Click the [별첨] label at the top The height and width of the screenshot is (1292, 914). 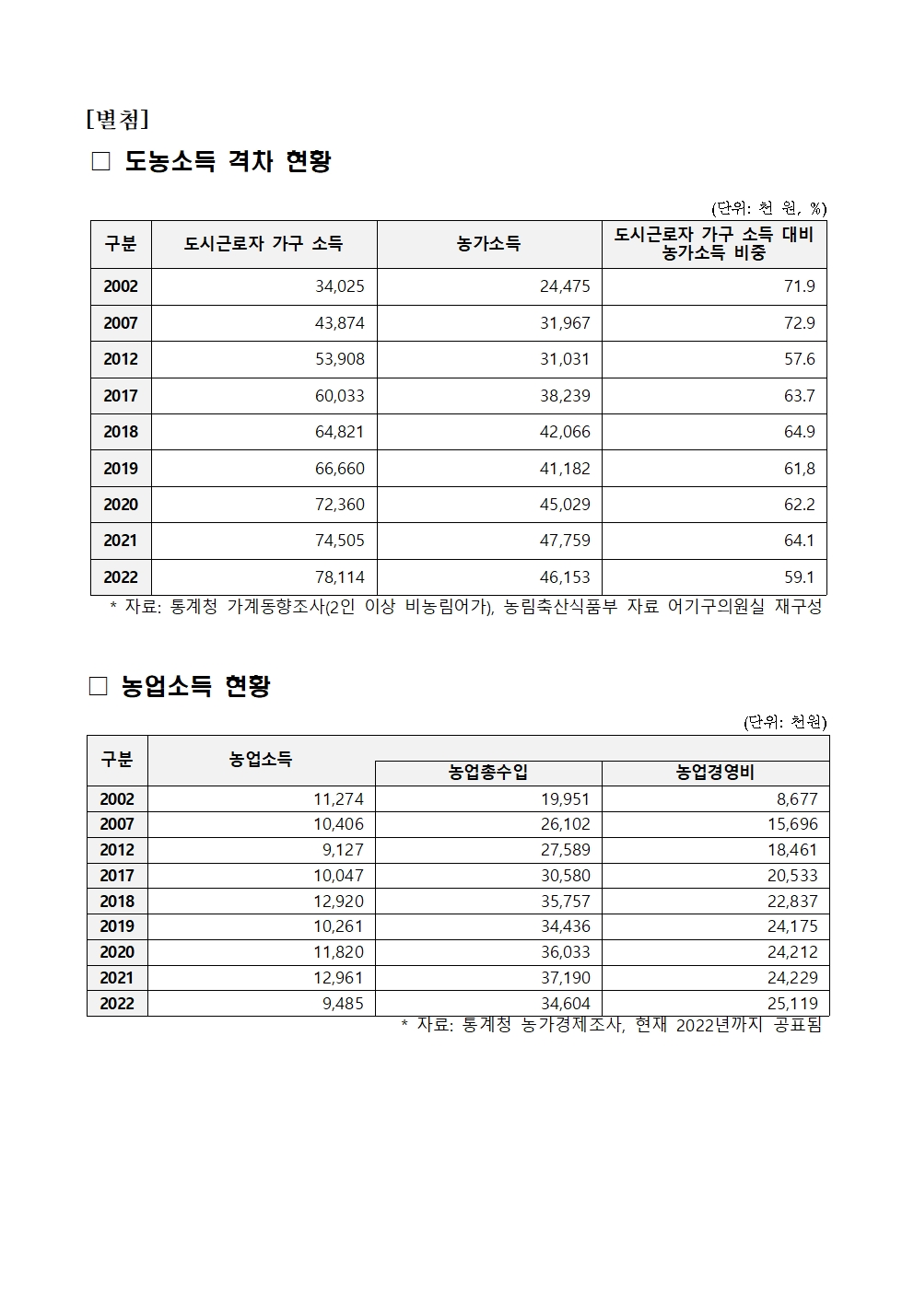click(117, 120)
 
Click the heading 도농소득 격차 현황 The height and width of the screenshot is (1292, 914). click(227, 161)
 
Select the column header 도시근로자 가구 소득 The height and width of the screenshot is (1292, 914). click(264, 244)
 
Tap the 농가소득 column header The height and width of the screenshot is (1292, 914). click(488, 244)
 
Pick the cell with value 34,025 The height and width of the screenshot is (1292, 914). click(339, 286)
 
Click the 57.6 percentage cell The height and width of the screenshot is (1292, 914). click(799, 359)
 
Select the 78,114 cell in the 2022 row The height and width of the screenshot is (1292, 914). click(339, 577)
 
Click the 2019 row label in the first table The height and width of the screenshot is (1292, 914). click(121, 469)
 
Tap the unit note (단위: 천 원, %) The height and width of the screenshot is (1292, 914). click(768, 209)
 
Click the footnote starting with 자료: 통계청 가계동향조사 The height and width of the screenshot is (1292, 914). click(465, 607)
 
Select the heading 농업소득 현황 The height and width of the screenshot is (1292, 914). click(195, 686)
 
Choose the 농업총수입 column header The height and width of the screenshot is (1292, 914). click(488, 774)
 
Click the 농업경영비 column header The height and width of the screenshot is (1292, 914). click(715, 774)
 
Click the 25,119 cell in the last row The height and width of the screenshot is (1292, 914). click(791, 1004)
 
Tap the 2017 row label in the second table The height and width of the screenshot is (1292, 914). click(117, 876)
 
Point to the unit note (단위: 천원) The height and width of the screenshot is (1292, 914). click(785, 723)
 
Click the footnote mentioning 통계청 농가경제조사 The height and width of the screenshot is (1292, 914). click(611, 1025)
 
